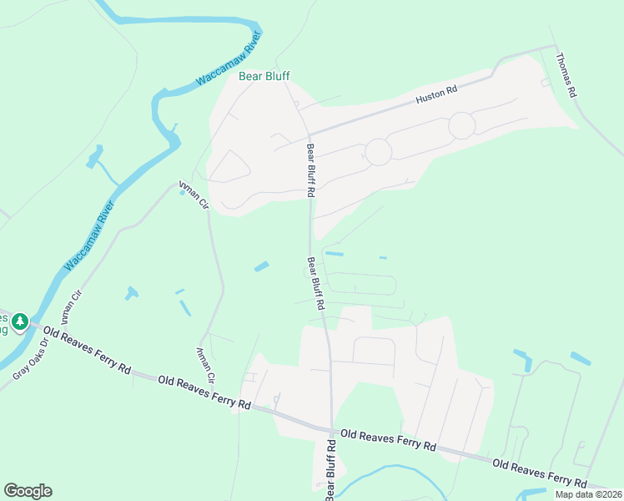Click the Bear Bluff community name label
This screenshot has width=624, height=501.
[264, 76]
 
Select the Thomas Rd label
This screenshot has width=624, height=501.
[566, 76]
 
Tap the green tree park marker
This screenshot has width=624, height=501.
[20, 321]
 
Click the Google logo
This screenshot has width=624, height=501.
[28, 490]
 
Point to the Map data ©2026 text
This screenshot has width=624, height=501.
[588, 494]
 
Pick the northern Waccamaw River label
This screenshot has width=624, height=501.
[229, 59]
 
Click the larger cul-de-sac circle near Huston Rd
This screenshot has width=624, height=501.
[461, 126]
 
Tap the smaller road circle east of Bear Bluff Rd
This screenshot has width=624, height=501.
[378, 152]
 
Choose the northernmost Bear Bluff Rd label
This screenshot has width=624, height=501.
[310, 170]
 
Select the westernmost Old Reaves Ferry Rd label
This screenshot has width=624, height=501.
[88, 352]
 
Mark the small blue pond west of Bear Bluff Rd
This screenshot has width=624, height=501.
[262, 266]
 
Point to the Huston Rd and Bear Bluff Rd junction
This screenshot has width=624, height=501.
[309, 135]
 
